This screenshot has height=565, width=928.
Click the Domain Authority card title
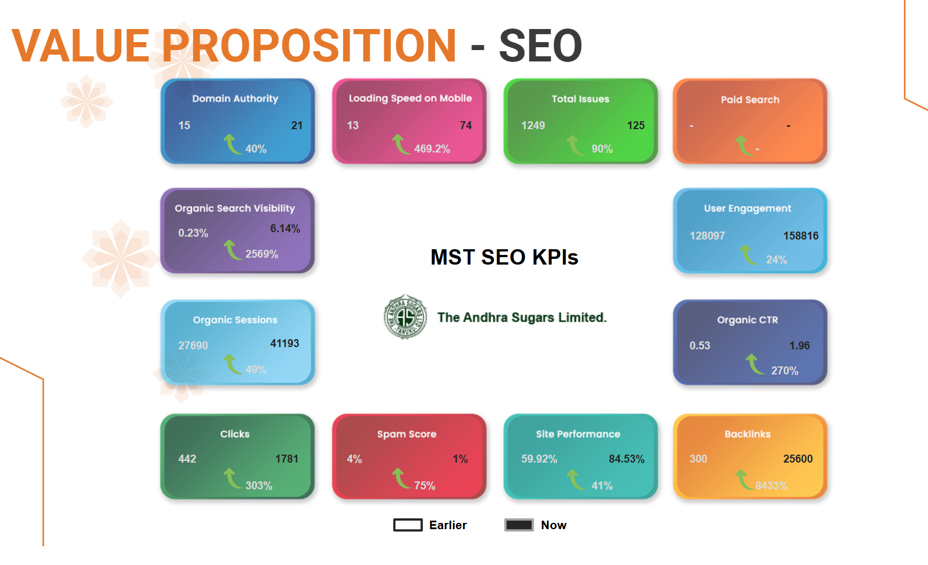tap(235, 98)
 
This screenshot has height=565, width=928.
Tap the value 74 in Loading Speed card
tap(465, 125)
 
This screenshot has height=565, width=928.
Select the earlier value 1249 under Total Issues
tap(533, 125)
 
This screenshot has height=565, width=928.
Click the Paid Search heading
tap(750, 100)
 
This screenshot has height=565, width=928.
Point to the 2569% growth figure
tap(261, 254)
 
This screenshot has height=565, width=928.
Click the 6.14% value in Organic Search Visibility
tap(285, 229)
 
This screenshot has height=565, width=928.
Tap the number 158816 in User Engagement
tap(800, 236)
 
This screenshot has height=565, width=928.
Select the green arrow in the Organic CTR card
tap(754, 364)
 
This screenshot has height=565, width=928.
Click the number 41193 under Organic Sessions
tap(285, 344)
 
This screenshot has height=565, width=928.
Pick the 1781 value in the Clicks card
tap(287, 459)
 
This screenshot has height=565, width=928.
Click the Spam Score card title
tap(406, 434)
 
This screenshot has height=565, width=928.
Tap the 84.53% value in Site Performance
tap(627, 459)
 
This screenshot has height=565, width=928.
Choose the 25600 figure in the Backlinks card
tap(798, 459)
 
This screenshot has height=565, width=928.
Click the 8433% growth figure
tap(771, 485)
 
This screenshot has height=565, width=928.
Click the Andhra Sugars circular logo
tap(405, 317)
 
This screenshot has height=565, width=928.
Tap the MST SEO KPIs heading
tap(504, 257)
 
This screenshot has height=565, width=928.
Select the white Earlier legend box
tap(408, 525)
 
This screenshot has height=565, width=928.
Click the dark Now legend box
tap(518, 525)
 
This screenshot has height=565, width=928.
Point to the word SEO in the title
tap(540, 46)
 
